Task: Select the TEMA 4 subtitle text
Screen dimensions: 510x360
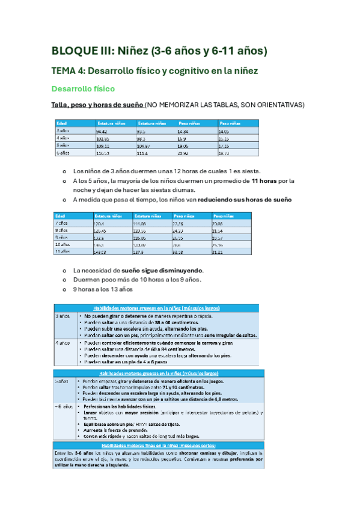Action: click(156, 71)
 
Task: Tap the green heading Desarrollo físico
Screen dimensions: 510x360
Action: click(83, 88)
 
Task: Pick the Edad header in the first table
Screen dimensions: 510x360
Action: click(62, 122)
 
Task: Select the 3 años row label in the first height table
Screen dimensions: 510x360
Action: click(63, 131)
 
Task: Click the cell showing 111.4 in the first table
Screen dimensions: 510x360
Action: click(142, 153)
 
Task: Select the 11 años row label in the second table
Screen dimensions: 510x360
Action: click(64, 252)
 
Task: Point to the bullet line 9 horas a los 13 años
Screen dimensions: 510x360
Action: click(103, 289)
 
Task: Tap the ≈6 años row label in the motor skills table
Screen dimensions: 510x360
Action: click(64, 407)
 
